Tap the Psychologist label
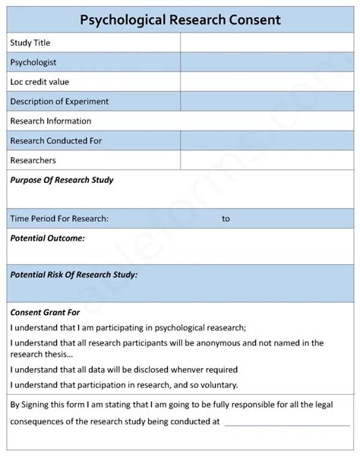(x=33, y=62)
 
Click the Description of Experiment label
(x=59, y=101)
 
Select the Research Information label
(x=51, y=121)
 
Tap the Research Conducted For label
(x=56, y=140)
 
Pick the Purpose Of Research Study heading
(x=62, y=180)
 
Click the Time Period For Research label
(x=59, y=219)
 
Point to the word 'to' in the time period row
(x=226, y=219)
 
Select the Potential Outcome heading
(x=47, y=238)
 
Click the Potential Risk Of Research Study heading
(x=74, y=274)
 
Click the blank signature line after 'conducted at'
(x=287, y=422)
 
